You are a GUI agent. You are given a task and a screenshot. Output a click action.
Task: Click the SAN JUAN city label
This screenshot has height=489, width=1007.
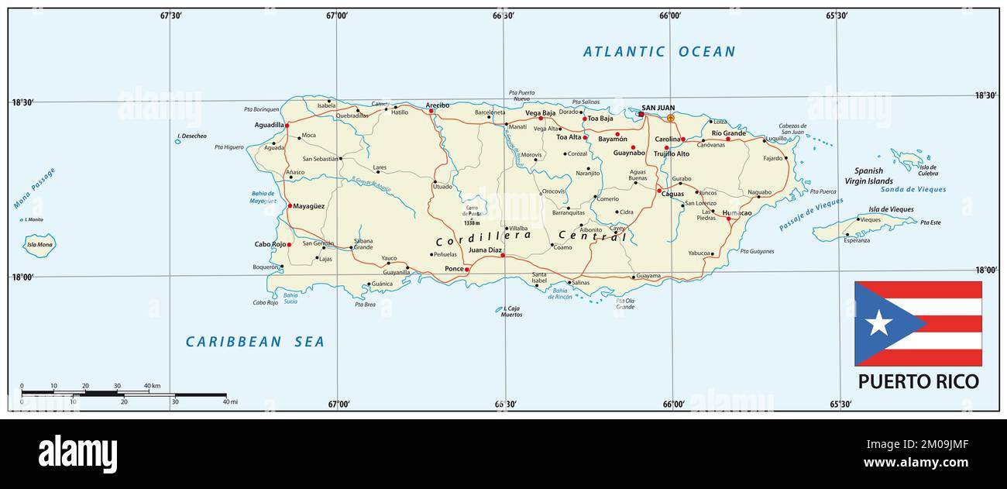point(658,108)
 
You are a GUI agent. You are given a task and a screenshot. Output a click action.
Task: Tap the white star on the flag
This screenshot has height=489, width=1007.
point(878,322)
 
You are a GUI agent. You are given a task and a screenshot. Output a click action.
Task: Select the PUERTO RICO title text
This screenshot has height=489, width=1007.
point(918,381)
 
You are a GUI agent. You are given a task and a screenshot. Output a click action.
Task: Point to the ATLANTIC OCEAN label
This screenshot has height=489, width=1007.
point(658,52)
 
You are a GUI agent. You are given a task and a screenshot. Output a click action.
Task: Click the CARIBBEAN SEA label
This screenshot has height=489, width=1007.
point(255,342)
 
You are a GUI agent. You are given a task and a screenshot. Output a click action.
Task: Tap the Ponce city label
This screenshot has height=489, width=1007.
point(453,269)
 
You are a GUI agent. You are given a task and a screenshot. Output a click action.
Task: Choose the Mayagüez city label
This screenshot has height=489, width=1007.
point(309,206)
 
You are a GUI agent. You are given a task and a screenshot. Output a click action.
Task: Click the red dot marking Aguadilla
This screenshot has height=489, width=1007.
point(287,125)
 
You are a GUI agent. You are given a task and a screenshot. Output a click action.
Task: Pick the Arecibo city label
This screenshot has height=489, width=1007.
point(437,105)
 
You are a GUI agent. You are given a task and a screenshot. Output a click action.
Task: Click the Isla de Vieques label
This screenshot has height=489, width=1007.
point(891,209)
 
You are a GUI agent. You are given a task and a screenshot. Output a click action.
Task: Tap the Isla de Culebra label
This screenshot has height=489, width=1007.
point(927,170)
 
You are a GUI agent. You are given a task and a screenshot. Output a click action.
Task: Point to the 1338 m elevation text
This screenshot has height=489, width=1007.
point(473,222)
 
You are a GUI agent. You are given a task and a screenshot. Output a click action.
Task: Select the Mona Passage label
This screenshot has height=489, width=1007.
point(35,189)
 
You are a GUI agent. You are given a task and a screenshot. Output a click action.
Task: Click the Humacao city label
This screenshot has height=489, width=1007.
point(737,212)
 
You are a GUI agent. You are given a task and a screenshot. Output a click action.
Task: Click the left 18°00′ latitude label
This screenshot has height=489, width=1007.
point(22,277)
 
